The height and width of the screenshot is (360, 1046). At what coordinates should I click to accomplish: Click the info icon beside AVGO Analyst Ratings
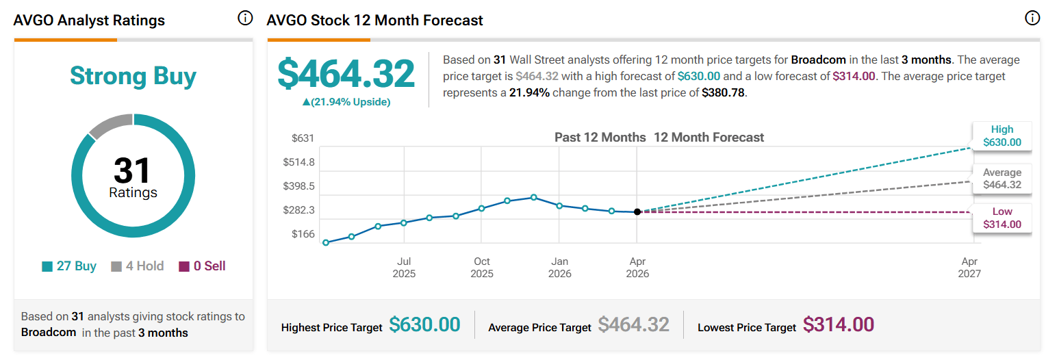(245, 18)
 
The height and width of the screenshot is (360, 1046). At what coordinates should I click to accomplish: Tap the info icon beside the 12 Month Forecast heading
(1032, 18)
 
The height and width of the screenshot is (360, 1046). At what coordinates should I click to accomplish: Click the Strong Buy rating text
(133, 76)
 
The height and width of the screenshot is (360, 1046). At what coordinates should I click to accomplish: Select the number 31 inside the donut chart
(133, 170)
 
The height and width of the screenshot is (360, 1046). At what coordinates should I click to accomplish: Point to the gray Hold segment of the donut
(110, 125)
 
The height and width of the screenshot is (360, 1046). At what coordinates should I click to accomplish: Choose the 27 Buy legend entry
(69, 266)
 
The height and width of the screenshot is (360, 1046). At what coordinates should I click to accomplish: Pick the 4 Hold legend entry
(138, 266)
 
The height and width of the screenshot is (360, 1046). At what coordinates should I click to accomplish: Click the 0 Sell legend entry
(202, 266)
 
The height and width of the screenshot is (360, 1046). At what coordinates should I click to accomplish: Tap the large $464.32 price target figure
(346, 74)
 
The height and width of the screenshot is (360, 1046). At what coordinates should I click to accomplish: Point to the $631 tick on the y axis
(303, 138)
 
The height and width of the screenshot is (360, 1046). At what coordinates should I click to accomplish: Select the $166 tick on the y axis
(303, 234)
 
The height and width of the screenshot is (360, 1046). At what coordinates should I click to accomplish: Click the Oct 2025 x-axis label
(482, 268)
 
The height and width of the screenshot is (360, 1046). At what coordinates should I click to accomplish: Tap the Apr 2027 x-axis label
(969, 268)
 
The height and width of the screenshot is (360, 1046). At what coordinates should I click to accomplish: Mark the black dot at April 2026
(637, 212)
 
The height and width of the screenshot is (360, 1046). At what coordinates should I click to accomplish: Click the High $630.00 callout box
(1002, 136)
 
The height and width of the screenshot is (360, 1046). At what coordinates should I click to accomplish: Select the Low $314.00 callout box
(1002, 218)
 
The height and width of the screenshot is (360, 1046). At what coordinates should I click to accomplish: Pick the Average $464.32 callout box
(1002, 179)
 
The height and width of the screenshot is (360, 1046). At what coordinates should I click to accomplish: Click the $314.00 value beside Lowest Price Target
(839, 324)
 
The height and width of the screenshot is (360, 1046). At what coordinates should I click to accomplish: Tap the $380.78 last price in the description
(724, 92)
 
